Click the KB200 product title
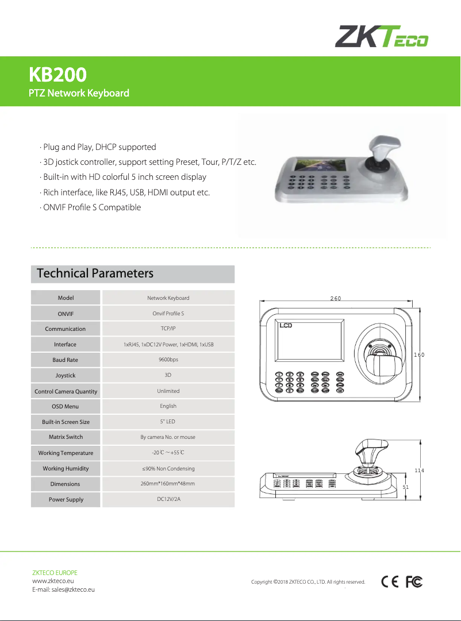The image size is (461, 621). (x=58, y=75)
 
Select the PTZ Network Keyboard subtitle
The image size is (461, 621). (x=79, y=93)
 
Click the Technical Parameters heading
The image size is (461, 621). (x=95, y=273)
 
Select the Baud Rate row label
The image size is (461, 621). (x=65, y=360)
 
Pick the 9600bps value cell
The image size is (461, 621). (x=168, y=360)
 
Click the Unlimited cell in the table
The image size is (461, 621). (x=168, y=391)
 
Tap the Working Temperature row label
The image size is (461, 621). (x=66, y=453)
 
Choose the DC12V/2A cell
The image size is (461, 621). (x=168, y=499)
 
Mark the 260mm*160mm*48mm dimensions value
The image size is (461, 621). (x=168, y=484)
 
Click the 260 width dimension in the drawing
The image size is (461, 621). (x=336, y=298)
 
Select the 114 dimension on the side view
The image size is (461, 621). (x=419, y=470)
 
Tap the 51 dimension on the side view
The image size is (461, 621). (x=406, y=487)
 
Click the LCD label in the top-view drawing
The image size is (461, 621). (x=286, y=326)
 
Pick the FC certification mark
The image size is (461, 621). (x=414, y=582)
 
